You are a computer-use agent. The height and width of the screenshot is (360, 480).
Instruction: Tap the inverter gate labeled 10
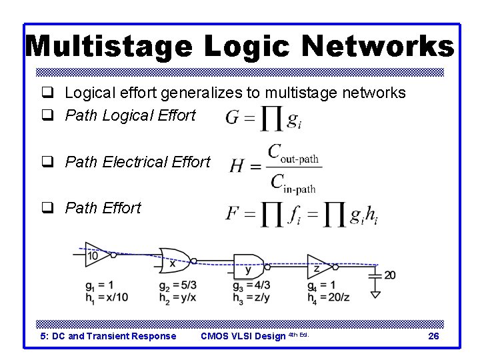(96, 255)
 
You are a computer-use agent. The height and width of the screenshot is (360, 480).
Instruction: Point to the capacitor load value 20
(390, 275)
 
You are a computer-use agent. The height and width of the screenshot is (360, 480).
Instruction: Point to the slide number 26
(433, 336)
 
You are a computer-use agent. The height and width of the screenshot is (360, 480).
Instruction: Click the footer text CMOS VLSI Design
(243, 336)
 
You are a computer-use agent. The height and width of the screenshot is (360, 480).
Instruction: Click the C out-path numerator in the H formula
(293, 154)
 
